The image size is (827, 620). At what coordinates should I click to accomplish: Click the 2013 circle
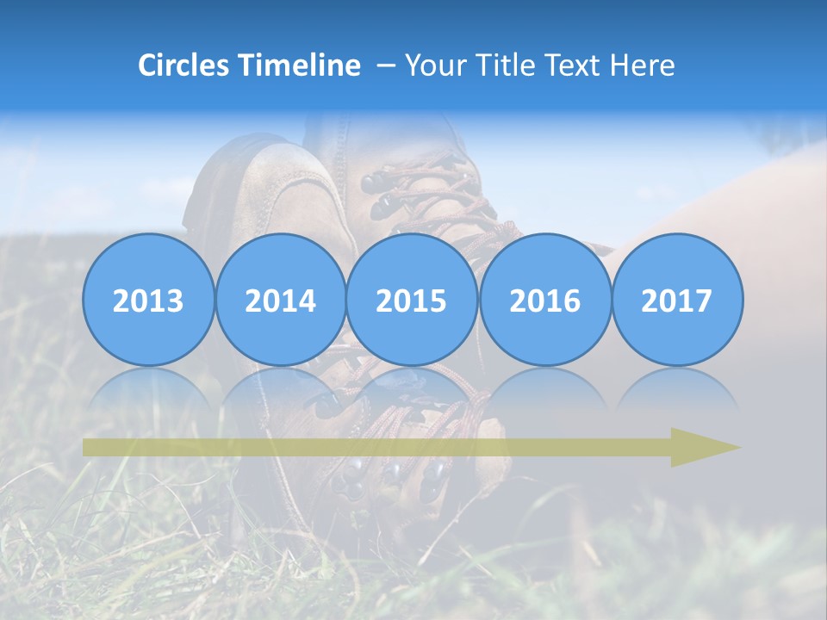pyautogui.click(x=148, y=300)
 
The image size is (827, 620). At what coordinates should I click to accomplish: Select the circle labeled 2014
pyautogui.click(x=280, y=300)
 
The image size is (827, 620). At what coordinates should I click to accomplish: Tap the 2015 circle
pyautogui.click(x=412, y=300)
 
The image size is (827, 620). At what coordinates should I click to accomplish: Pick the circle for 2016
pyautogui.click(x=544, y=300)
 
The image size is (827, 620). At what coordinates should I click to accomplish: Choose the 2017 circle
pyautogui.click(x=676, y=300)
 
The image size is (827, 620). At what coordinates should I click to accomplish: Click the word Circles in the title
pyautogui.click(x=183, y=65)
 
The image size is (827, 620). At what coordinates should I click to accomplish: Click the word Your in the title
pyautogui.click(x=433, y=65)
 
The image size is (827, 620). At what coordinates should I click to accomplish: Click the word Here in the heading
pyautogui.click(x=643, y=65)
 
